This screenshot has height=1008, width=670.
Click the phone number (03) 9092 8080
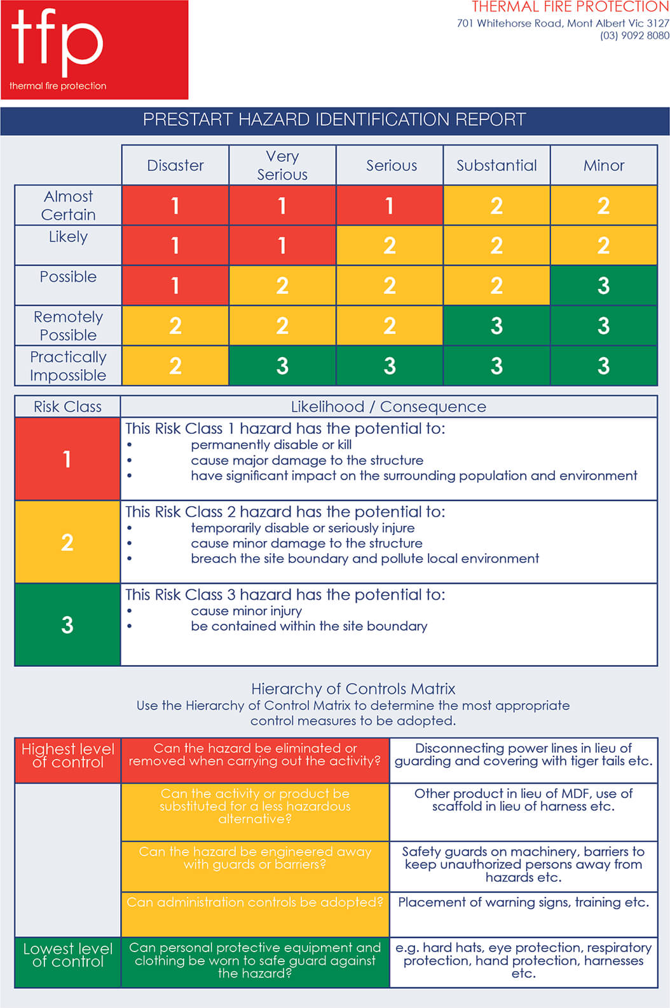634,36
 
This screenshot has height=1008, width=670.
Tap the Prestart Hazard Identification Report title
334,120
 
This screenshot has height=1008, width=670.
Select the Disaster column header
175,165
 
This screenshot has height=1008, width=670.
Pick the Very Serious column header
282,165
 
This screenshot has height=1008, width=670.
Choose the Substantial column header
496,165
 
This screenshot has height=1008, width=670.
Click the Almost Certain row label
68,205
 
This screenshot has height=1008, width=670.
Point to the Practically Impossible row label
68,366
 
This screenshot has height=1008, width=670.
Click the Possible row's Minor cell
603,285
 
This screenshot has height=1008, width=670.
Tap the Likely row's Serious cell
390,245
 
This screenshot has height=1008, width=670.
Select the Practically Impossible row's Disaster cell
175,366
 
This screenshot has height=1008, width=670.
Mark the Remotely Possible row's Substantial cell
496,326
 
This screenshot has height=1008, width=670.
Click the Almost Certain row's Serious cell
390,205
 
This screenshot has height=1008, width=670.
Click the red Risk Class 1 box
67,459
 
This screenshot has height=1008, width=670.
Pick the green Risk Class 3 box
67,624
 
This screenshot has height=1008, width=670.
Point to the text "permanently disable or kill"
271,445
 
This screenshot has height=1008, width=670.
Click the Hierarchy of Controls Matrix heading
353,689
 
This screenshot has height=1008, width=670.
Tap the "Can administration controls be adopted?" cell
255,903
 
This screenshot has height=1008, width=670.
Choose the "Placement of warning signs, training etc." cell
523,903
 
